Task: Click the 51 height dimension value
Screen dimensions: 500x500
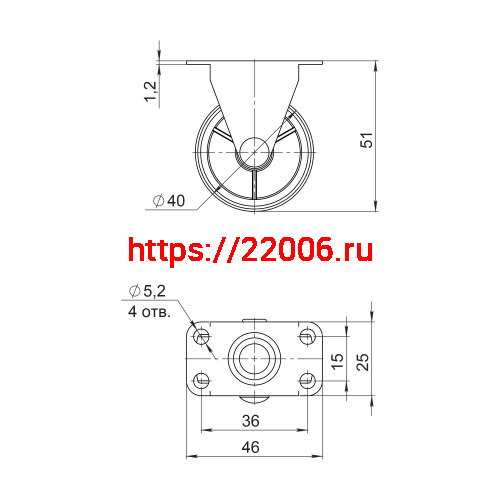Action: coord(367,143)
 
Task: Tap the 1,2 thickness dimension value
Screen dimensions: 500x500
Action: coord(151,91)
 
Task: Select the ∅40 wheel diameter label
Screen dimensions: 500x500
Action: coord(170,201)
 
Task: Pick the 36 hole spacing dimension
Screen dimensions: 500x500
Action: coord(252,421)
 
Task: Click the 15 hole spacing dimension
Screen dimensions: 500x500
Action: coord(337,358)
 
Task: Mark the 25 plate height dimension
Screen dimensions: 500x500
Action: coord(364,358)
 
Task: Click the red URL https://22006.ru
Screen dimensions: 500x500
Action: coord(251,251)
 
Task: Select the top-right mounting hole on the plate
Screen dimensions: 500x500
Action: coord(307,337)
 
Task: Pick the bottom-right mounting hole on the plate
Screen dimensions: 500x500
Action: coord(307,380)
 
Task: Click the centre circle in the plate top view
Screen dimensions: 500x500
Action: coord(254,359)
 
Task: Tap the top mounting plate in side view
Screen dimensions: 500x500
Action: coord(255,66)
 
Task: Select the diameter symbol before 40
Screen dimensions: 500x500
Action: coord(159,201)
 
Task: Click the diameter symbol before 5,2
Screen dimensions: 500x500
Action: coord(133,292)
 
